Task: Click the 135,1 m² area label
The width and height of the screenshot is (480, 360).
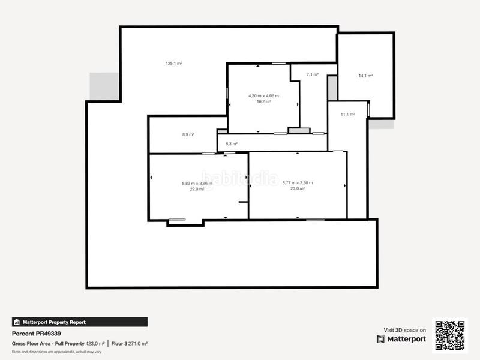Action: click(174, 64)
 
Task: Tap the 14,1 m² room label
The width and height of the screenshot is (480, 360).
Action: click(365, 76)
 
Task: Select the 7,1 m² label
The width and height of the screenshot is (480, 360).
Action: click(312, 74)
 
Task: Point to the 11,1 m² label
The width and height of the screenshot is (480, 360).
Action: click(348, 115)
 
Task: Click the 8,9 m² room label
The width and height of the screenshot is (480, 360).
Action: click(188, 134)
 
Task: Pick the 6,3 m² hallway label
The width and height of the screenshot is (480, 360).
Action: click(231, 144)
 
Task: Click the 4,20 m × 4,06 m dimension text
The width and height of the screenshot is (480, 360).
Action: click(263, 96)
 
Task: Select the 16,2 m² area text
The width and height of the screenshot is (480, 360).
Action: click(263, 102)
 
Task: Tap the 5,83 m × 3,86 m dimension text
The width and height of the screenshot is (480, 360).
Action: click(197, 183)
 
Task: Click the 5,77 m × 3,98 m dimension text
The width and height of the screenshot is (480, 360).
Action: click(297, 183)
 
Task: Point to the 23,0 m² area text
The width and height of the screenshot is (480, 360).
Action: click(297, 189)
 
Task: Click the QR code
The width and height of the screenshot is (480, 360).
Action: click(449, 335)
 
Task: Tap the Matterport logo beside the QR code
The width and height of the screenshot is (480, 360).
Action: click(401, 339)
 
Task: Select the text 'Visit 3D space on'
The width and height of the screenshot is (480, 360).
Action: click(405, 330)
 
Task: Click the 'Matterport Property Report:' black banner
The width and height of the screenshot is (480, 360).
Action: click(79, 322)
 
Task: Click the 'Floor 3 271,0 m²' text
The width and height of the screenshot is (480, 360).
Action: click(130, 343)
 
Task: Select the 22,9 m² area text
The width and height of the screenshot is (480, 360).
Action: click(197, 189)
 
